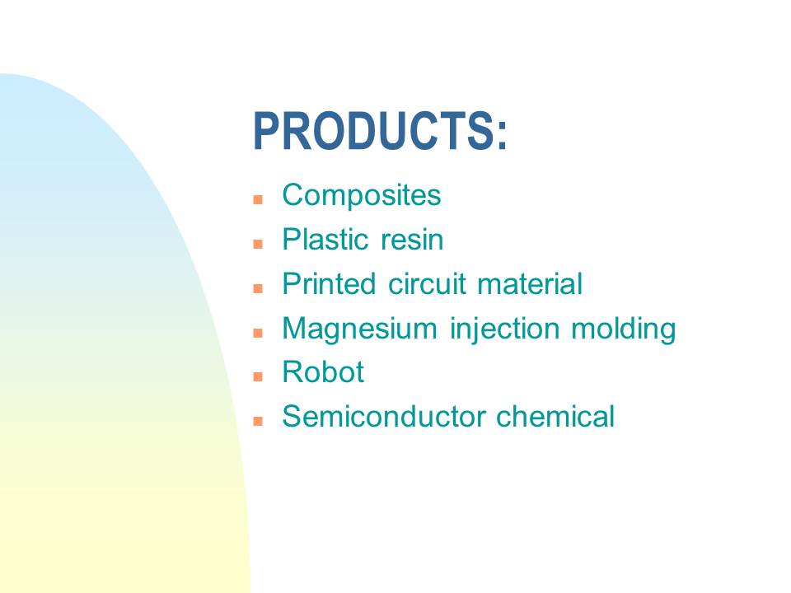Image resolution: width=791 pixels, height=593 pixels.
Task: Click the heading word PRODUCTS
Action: [x=374, y=131]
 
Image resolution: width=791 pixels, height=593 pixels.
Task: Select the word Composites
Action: [x=361, y=196]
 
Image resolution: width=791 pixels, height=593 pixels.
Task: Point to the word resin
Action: [x=412, y=240]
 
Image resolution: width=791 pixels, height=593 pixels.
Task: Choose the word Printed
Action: [x=329, y=283]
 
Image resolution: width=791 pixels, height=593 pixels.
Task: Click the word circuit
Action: [x=427, y=283]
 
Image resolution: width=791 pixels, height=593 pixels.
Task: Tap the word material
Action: [x=530, y=283]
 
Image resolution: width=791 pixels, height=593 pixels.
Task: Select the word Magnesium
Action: [x=360, y=329]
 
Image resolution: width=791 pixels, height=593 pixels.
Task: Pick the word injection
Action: [x=504, y=329]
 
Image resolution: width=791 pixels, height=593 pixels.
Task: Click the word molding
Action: [x=624, y=329]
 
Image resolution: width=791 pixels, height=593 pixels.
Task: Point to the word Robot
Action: [x=323, y=372]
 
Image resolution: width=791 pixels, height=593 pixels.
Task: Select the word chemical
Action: [x=555, y=417]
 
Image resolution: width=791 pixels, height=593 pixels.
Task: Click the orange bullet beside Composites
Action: [x=258, y=199]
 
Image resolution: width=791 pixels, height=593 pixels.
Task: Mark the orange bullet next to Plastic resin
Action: [x=258, y=244]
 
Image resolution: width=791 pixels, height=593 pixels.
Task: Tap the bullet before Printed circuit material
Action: [x=258, y=288]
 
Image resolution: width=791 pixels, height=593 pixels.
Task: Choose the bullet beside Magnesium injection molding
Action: [x=258, y=333]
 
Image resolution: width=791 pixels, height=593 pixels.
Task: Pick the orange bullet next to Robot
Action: [x=258, y=376]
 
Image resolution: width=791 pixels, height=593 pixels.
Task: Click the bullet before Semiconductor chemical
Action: [x=258, y=421]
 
